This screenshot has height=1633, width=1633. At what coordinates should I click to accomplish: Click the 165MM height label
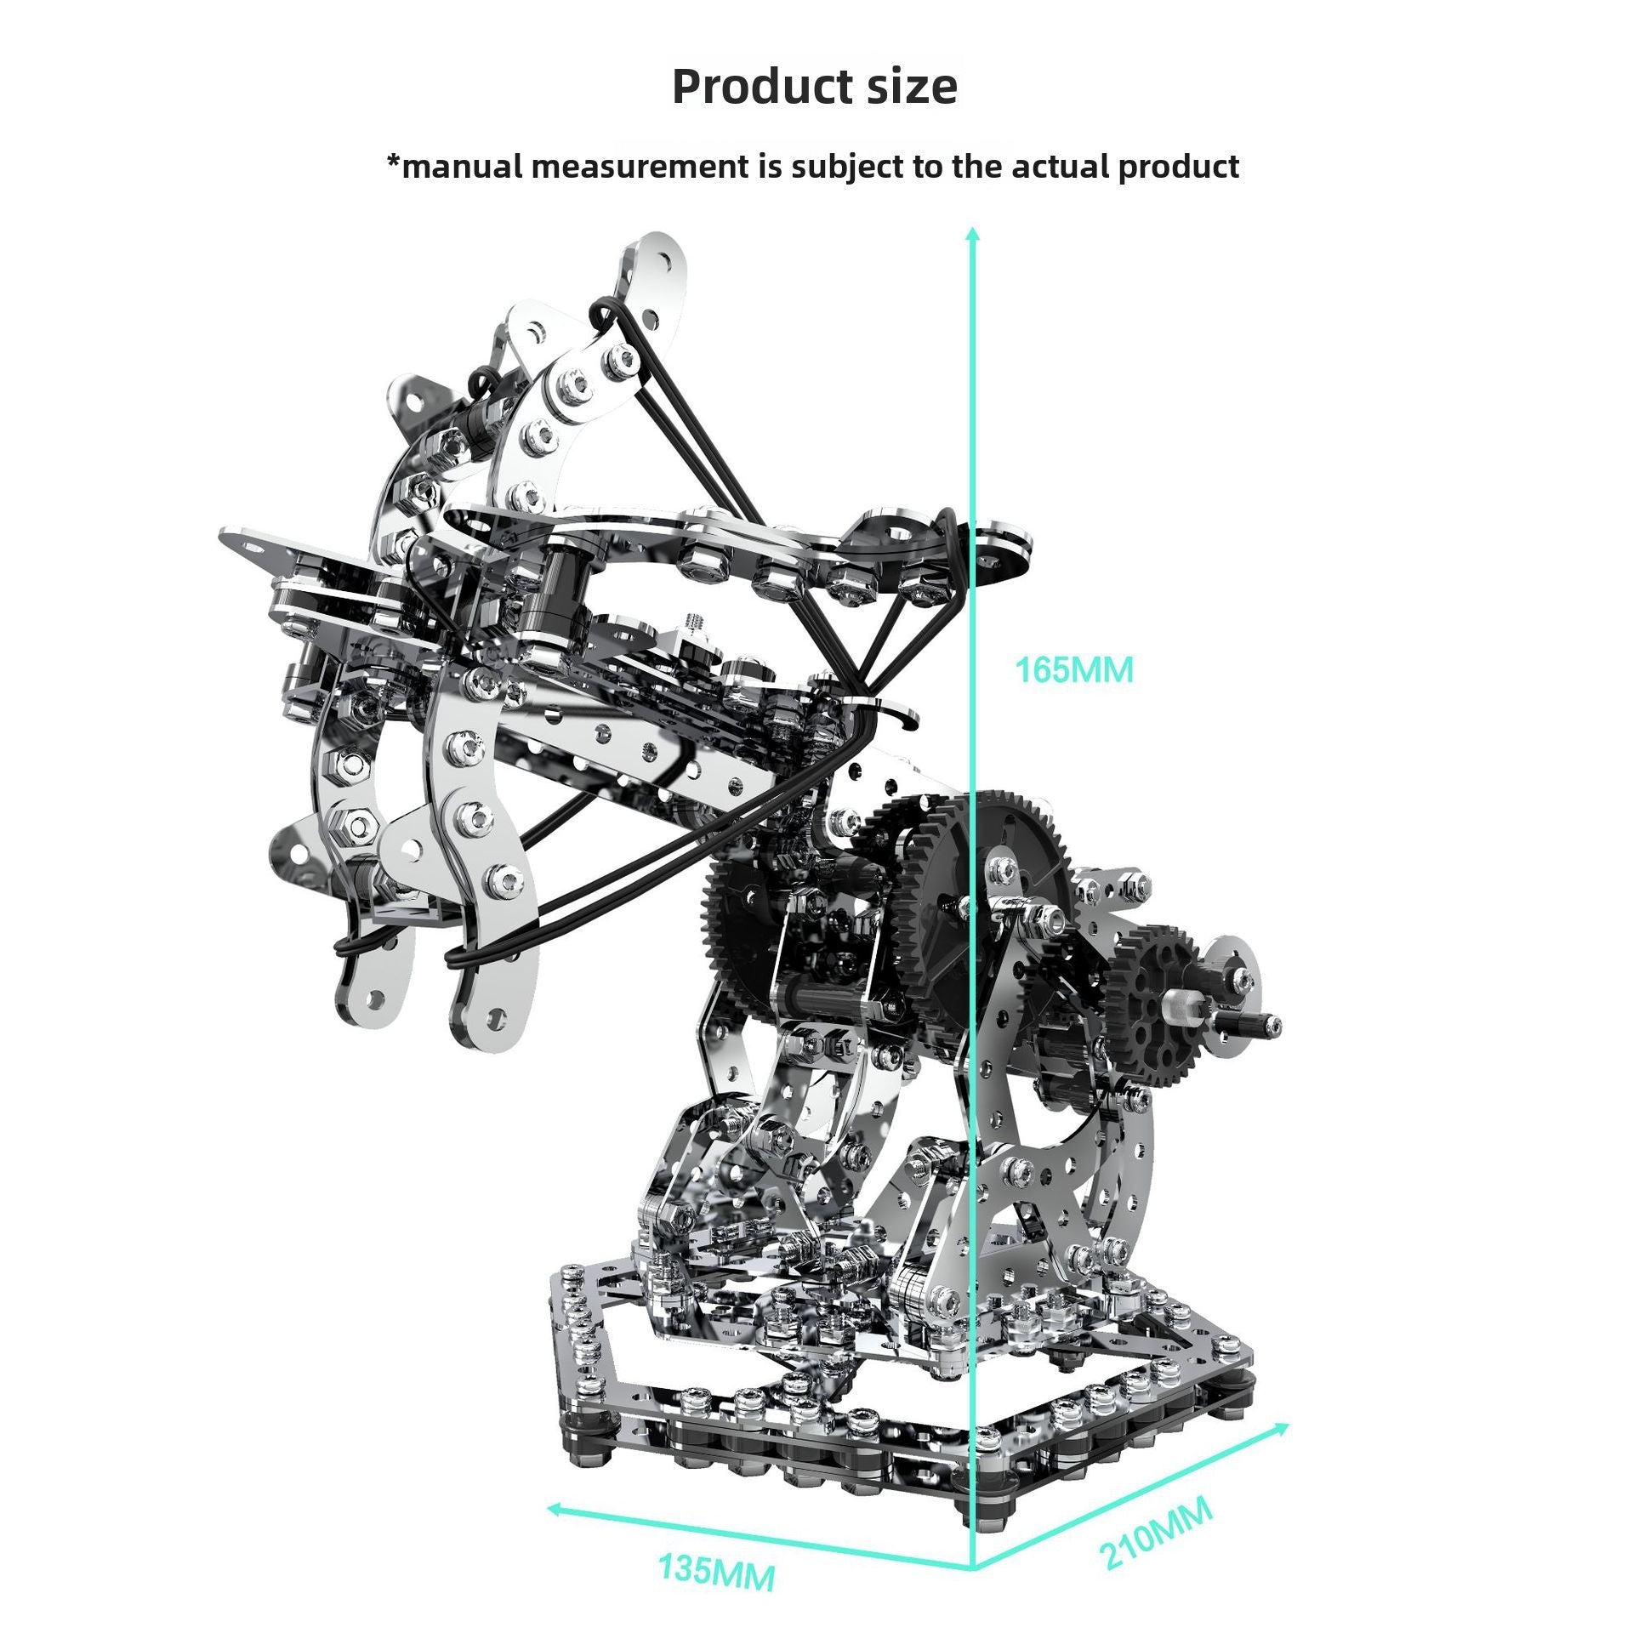(x=1074, y=671)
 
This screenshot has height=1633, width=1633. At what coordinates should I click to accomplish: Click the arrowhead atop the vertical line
(x=974, y=232)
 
